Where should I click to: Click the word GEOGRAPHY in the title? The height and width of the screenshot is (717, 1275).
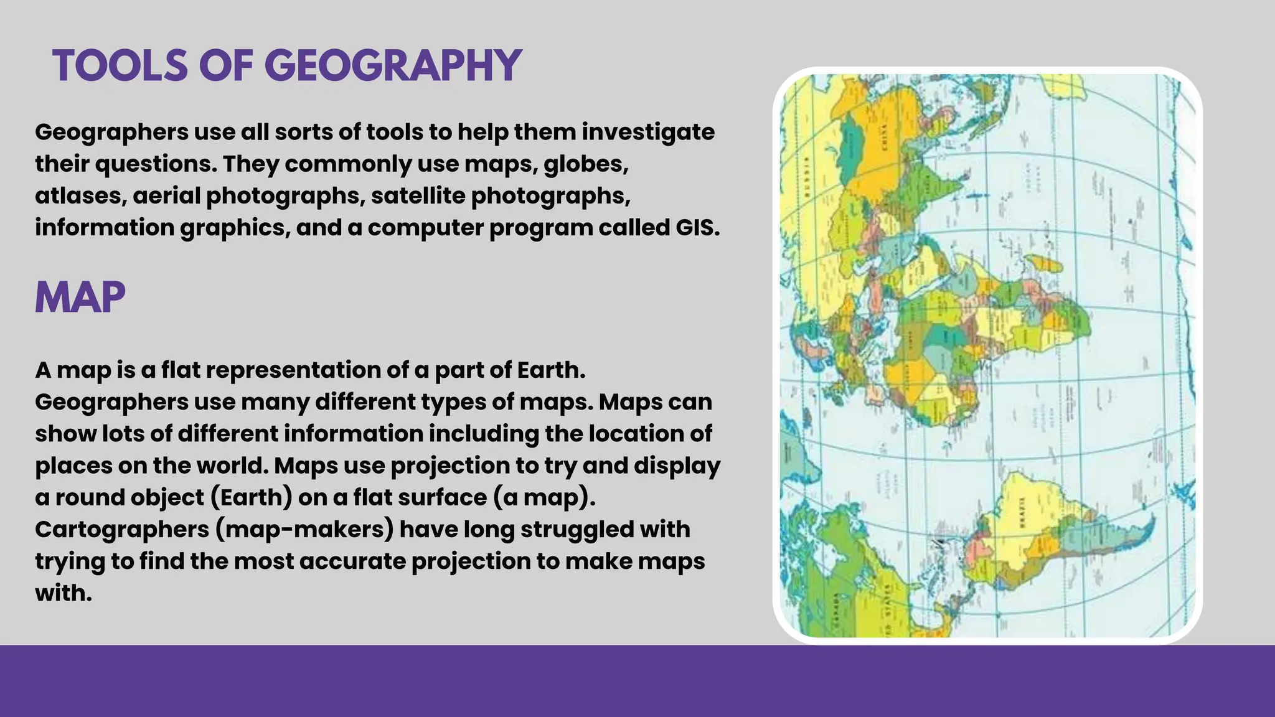click(393, 66)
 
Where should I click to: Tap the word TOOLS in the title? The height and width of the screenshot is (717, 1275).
click(120, 66)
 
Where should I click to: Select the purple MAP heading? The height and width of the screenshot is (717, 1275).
click(80, 298)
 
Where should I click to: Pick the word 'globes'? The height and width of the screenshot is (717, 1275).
click(586, 164)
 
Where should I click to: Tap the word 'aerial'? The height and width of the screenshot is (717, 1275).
click(166, 196)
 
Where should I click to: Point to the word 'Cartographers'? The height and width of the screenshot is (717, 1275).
click(122, 530)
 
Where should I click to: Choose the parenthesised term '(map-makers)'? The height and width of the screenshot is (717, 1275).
click(305, 530)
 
